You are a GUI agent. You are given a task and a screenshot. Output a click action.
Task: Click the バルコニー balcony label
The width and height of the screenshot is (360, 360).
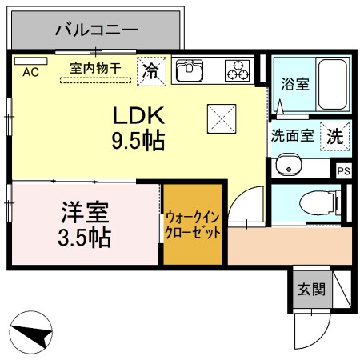click(97, 31)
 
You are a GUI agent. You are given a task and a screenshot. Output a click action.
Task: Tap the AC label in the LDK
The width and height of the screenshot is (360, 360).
click(30, 73)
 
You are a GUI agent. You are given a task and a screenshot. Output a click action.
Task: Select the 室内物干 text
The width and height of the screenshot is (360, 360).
click(95, 68)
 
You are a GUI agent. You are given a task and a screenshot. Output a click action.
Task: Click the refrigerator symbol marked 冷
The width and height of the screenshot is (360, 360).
click(150, 70)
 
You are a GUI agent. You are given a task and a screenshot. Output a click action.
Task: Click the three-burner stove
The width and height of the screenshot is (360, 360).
click(238, 70)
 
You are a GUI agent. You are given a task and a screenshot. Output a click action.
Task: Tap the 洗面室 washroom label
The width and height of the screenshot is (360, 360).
click(292, 136)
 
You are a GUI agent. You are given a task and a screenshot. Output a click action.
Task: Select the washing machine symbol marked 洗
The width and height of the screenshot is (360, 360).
click(334, 136)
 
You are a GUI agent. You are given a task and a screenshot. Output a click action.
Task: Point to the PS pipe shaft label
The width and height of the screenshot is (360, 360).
click(343, 170)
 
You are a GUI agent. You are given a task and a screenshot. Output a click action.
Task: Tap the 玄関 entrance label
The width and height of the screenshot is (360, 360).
click(312, 290)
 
